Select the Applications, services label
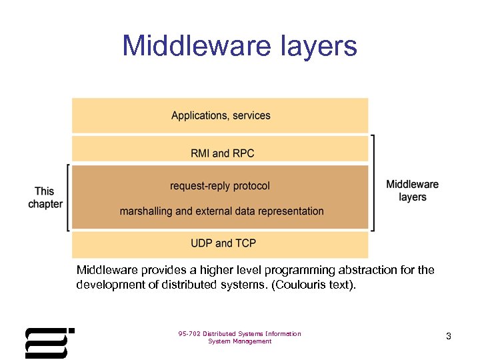pyautogui.click(x=221, y=115)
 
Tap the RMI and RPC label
pyautogui.click(x=222, y=153)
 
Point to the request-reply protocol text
pyautogui.click(x=220, y=186)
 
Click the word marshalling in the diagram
pyautogui.click(x=146, y=211)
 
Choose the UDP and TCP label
pyautogui.click(x=223, y=243)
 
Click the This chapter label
pyautogui.click(x=45, y=198)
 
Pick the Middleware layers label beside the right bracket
pyautogui.click(x=413, y=191)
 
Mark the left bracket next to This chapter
pyautogui.click(x=69, y=198)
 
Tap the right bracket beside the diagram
pyautogui.click(x=373, y=183)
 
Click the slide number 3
pyautogui.click(x=449, y=337)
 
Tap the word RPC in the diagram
pyautogui.click(x=243, y=153)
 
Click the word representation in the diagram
pyautogui.click(x=290, y=211)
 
